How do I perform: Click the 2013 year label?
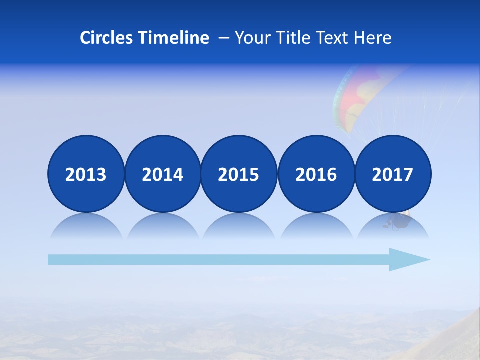pos(86,174)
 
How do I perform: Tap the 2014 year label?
pos(162,174)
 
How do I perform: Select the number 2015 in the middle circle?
pos(239,174)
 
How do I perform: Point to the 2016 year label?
pos(316,174)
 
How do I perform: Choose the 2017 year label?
pos(393,174)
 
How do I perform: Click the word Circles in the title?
pos(107,37)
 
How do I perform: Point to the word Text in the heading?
pos(332,37)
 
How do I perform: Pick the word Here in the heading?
pos(372,37)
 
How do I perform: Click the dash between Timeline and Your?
pos(223,38)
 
